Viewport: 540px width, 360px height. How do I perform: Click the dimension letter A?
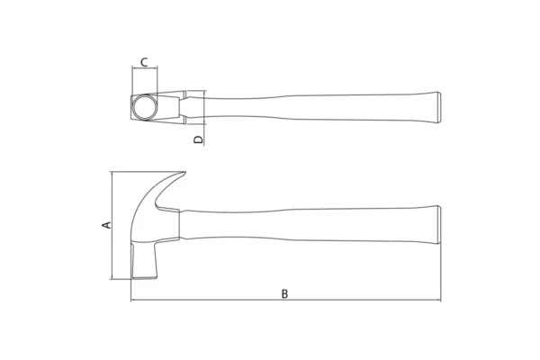tap(107, 225)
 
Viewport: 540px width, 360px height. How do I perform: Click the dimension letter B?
tap(284, 294)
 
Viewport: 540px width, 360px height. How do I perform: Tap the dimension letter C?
tap(144, 62)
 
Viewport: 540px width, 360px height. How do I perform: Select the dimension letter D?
tap(199, 139)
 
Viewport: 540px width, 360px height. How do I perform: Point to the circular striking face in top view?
tap(145, 107)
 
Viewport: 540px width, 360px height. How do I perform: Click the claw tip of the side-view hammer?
tap(185, 172)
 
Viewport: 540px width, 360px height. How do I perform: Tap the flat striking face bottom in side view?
tap(145, 277)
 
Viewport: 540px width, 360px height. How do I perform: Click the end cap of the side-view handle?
tap(439, 225)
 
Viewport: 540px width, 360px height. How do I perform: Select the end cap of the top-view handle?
tap(439, 107)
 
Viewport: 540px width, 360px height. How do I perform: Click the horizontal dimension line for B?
tap(286, 300)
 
